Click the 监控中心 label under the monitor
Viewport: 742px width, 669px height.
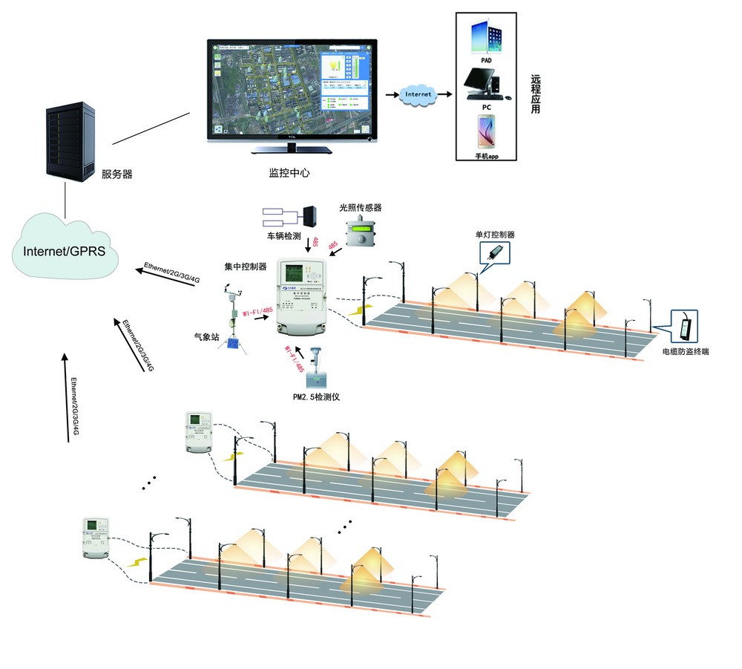(289, 172)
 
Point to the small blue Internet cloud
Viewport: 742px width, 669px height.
(418, 95)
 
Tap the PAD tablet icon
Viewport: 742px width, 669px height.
(485, 39)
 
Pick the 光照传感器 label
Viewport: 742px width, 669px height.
(360, 209)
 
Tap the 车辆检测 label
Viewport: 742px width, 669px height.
(283, 236)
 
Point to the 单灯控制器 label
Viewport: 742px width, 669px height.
(495, 235)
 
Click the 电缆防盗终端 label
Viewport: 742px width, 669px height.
(685, 351)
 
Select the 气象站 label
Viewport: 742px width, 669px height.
(206, 336)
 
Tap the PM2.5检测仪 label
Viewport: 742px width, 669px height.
(316, 397)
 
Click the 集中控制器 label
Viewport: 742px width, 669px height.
(246, 265)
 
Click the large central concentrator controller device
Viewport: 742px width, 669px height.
(303, 297)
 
